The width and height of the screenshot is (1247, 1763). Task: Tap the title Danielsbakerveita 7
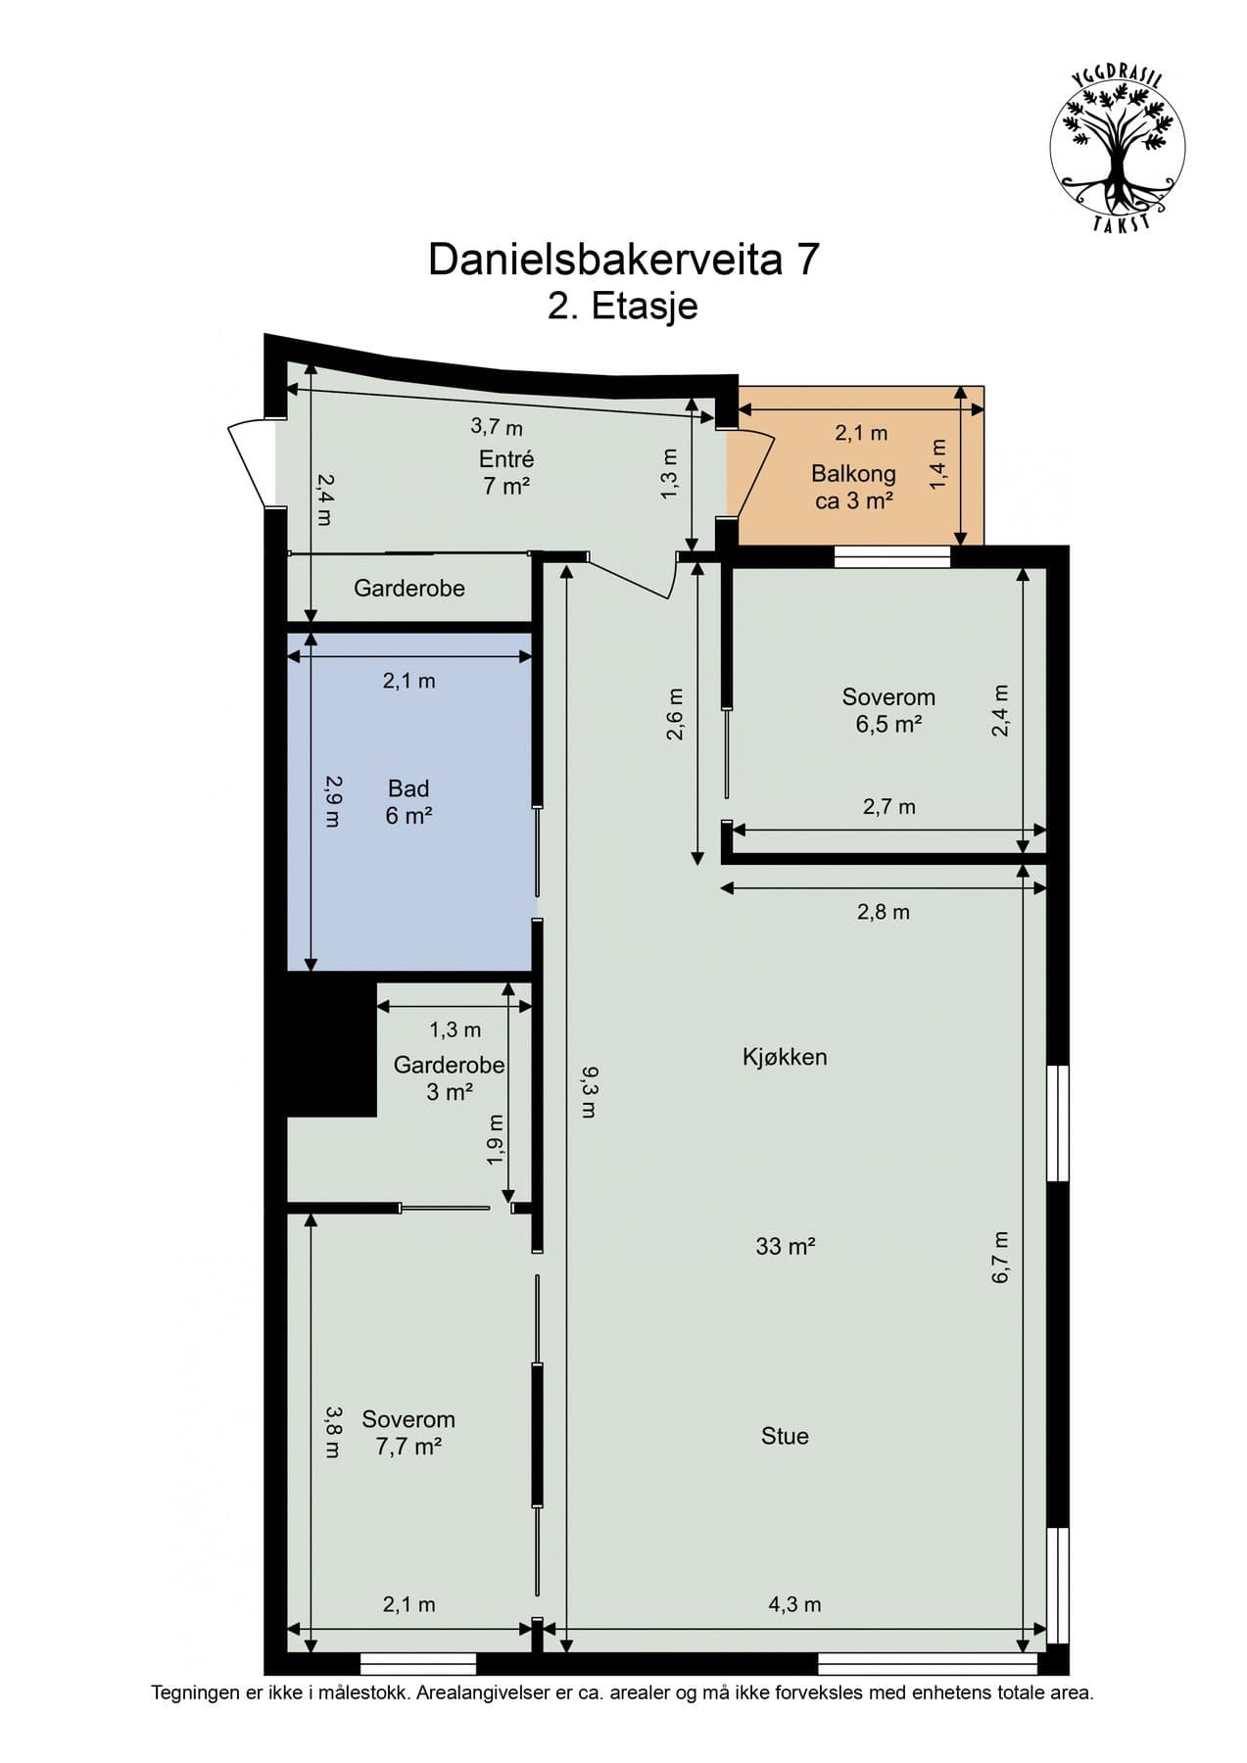[x=623, y=260]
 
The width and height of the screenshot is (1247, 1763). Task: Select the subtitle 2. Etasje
[x=623, y=306]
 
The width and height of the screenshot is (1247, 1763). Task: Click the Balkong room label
[x=853, y=474]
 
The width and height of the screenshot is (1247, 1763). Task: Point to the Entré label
[x=506, y=458]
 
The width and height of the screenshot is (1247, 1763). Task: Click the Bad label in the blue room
[x=408, y=788]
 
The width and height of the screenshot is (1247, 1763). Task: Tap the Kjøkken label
[x=785, y=1057]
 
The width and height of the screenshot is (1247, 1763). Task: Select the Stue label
[x=785, y=1436]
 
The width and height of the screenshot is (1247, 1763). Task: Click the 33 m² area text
[x=786, y=1246]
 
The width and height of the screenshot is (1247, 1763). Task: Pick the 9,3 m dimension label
[x=588, y=1093]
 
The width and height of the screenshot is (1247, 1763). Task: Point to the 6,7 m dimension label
[x=1000, y=1258]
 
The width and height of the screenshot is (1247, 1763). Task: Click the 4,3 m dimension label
[x=794, y=1604]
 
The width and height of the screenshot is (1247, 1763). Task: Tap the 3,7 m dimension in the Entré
[x=497, y=426]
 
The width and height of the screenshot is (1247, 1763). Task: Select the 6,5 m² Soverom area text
[x=888, y=725]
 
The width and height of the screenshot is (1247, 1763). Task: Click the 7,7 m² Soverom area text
[x=408, y=1447]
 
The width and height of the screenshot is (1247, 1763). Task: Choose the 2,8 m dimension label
[x=884, y=912]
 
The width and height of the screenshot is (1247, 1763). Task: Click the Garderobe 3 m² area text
[x=450, y=1091]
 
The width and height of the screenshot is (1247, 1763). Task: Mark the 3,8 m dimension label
[x=334, y=1433]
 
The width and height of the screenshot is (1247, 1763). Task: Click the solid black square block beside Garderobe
[x=331, y=1049]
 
